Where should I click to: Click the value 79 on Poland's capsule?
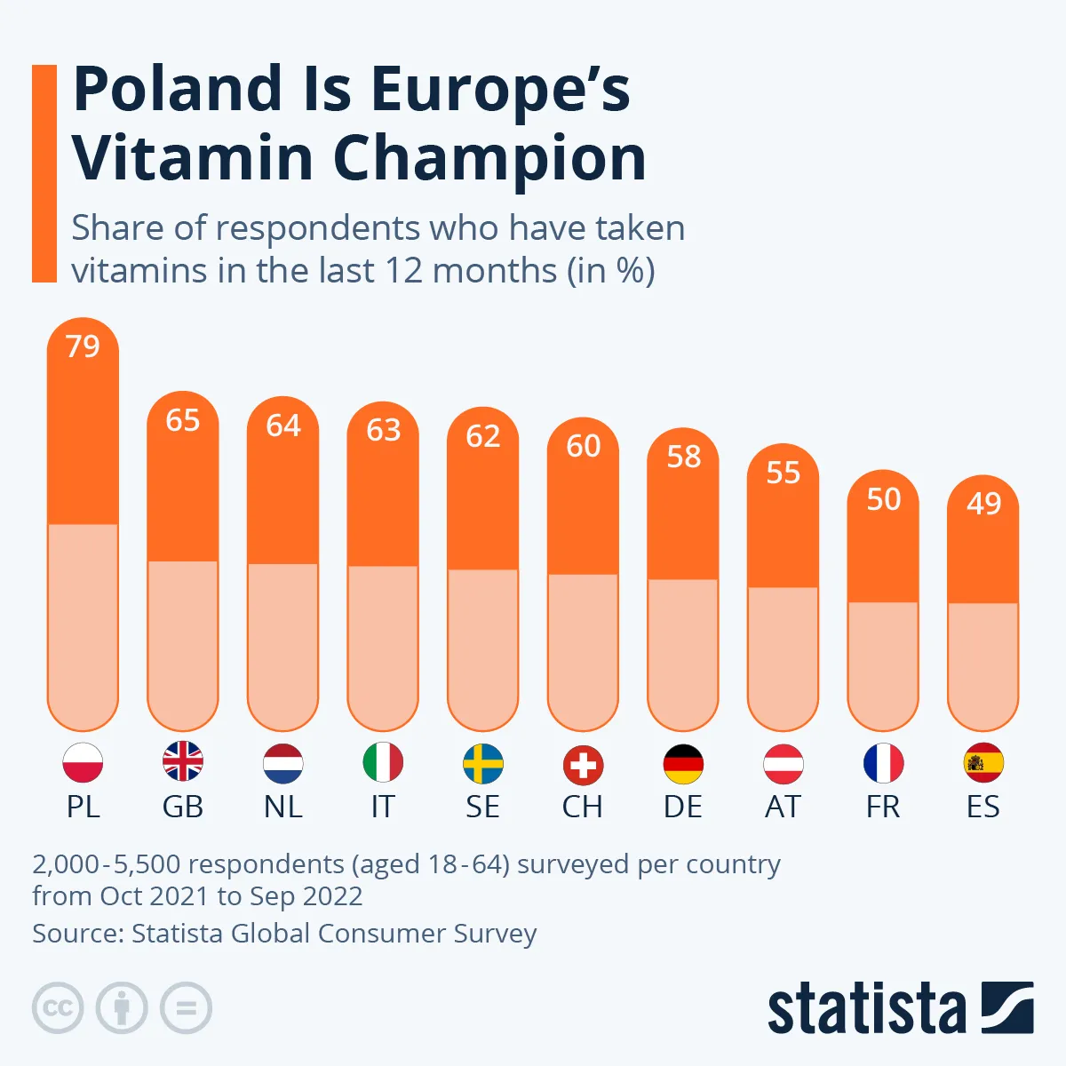coord(83,346)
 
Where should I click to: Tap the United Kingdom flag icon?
coord(183,763)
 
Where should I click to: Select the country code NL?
coord(283,807)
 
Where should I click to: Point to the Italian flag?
coord(383,763)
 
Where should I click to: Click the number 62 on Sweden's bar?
coord(483,436)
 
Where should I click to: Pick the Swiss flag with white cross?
coord(583,765)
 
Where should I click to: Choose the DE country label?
coord(683,807)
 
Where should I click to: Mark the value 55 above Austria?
coord(784,473)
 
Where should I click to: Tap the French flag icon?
coord(883,764)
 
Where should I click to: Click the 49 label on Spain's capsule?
coord(983,504)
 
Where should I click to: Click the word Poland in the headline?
coord(178,89)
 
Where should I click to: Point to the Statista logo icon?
coord(1007,1007)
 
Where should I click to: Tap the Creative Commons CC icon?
coord(58,1008)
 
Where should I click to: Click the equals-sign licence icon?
coord(186,1008)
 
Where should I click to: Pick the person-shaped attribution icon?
coord(122,1008)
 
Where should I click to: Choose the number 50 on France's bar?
coord(884,499)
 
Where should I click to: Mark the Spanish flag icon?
coord(983,763)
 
